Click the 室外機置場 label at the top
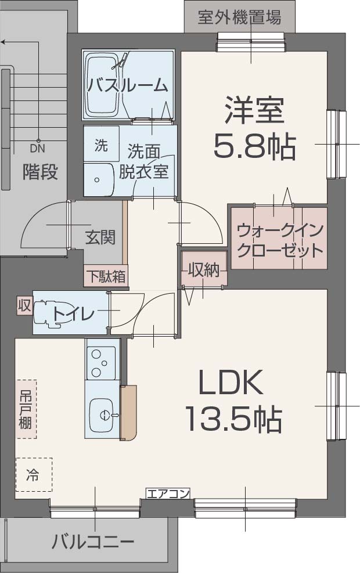click(x=239, y=17)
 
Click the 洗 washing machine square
click(x=101, y=145)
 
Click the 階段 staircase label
click(x=40, y=171)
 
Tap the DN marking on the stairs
click(x=37, y=149)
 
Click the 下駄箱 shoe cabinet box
click(x=106, y=276)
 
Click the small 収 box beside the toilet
click(x=24, y=304)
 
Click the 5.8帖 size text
click(x=254, y=147)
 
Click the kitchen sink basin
click(x=103, y=415)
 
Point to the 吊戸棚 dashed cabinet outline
click(x=26, y=409)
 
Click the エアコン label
click(x=168, y=494)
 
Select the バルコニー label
click(x=93, y=543)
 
